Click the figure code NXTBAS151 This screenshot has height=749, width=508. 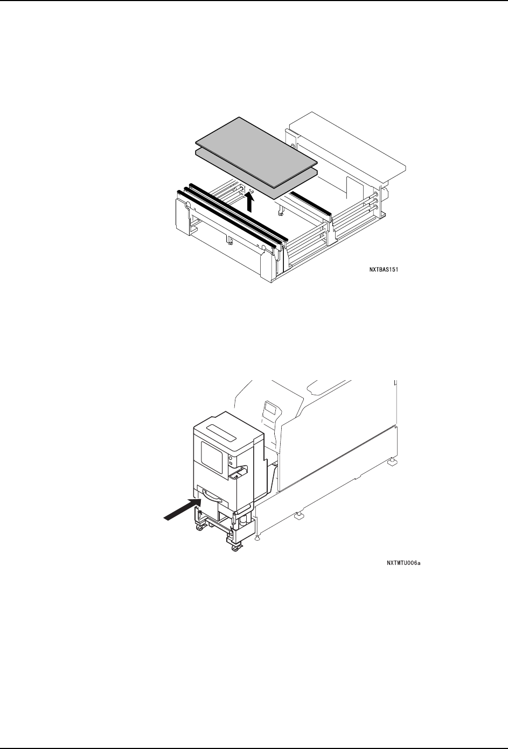383,272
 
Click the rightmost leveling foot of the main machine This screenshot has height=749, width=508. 389,462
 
